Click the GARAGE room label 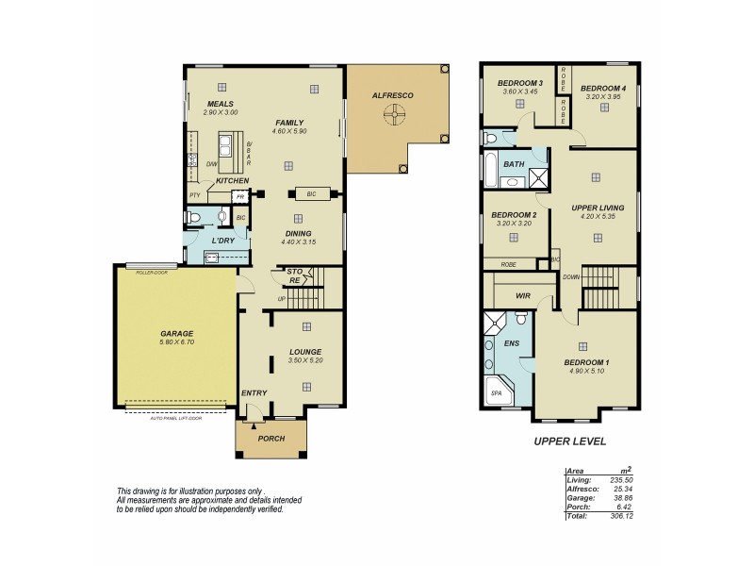pyautogui.click(x=176, y=333)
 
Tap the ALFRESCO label pyautogui.click(x=393, y=96)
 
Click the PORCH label pyautogui.click(x=271, y=438)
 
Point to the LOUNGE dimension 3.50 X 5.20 pyautogui.click(x=305, y=360)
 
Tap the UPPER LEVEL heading pyautogui.click(x=569, y=441)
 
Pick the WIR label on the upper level pyautogui.click(x=522, y=296)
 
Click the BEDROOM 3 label pyautogui.click(x=519, y=82)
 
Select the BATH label pyautogui.click(x=514, y=164)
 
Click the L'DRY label pyautogui.click(x=222, y=241)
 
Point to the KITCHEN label pyautogui.click(x=232, y=180)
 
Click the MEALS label pyautogui.click(x=220, y=104)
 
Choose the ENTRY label pyautogui.click(x=254, y=393)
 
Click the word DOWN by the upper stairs pyautogui.click(x=571, y=277)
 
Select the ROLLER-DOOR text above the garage pyautogui.click(x=151, y=272)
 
